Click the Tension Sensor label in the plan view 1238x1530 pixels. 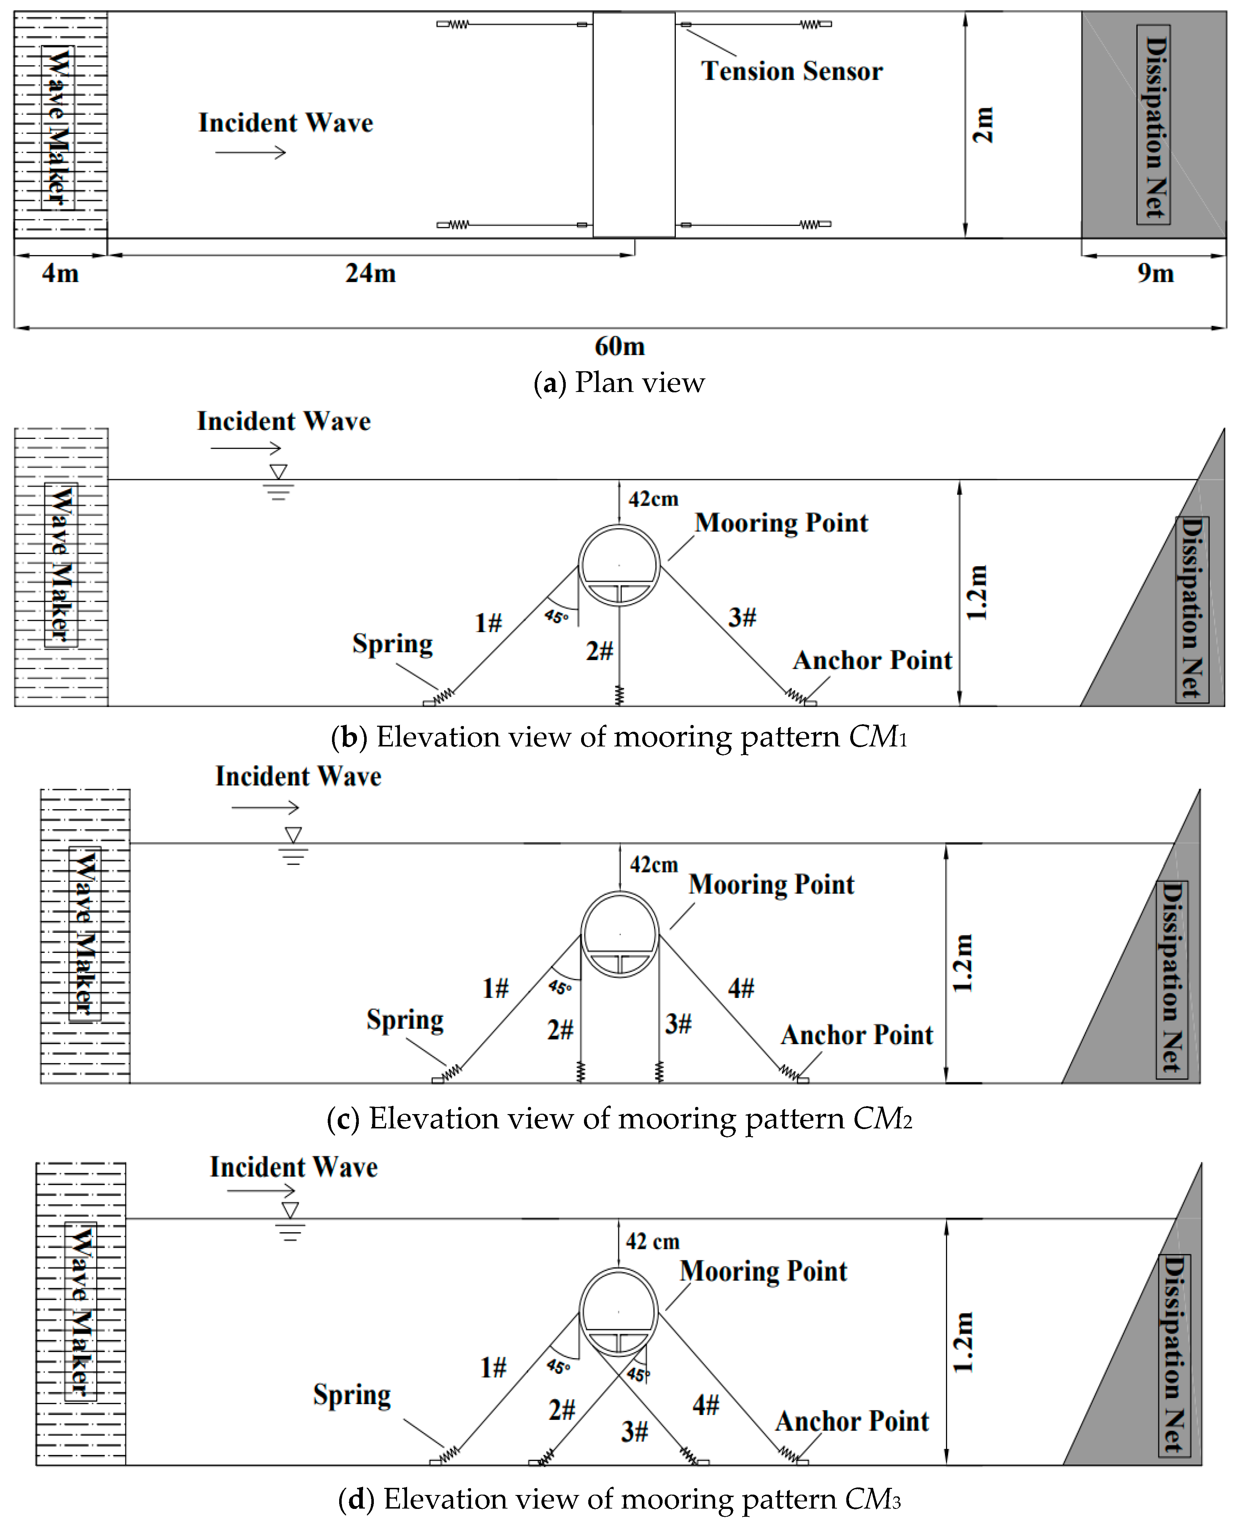click(x=792, y=71)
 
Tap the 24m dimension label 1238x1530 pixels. click(x=370, y=273)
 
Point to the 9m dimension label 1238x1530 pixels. click(x=1155, y=273)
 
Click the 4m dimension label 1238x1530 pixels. click(x=60, y=273)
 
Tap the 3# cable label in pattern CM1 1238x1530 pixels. click(x=742, y=617)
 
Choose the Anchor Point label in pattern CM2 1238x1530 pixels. click(x=856, y=1034)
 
